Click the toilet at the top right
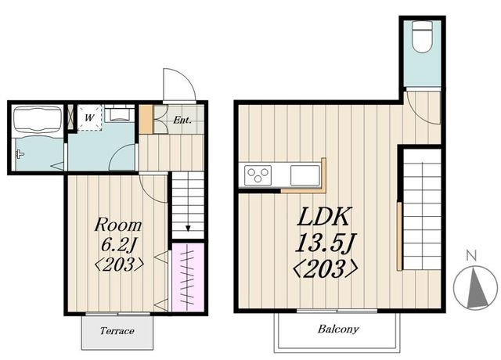422,37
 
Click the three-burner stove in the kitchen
258,175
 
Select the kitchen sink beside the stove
305,175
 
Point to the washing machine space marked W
90,117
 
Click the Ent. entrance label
182,120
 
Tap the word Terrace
117,330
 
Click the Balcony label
338,329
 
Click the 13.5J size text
326,243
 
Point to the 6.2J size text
119,245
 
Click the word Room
118,225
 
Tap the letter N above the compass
471,256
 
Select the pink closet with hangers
188,277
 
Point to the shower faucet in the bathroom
20,154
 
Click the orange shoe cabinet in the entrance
146,119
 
